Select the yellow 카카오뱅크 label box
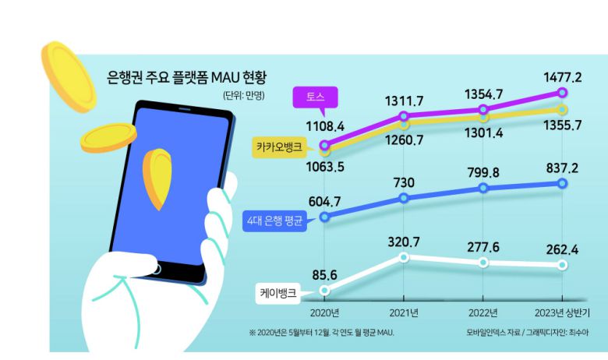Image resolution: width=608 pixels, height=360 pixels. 284,146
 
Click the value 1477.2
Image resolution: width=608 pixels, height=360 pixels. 562,76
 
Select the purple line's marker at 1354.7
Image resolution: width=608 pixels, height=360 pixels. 484,110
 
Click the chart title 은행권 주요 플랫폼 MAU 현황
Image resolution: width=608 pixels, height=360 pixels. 187,77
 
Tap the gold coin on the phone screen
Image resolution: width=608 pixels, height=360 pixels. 158,177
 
